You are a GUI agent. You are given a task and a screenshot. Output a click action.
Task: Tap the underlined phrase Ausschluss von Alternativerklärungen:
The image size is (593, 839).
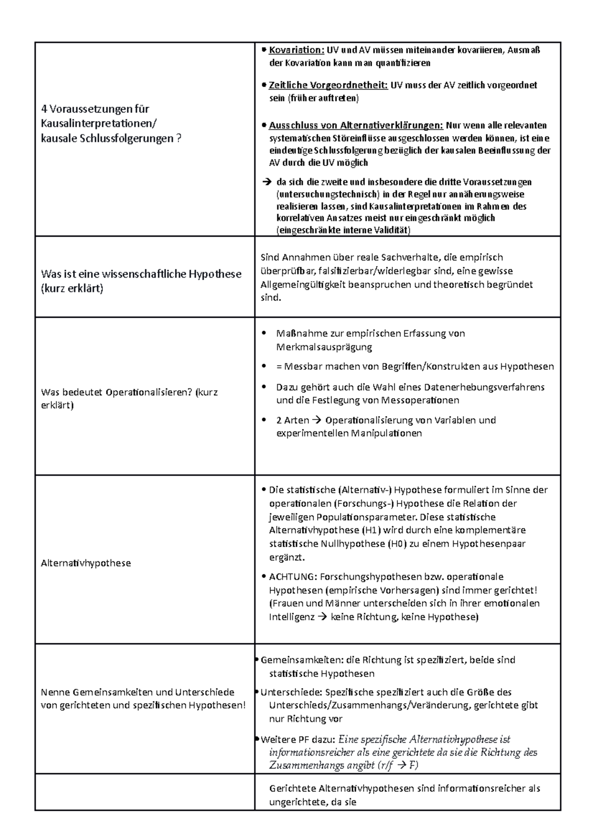click(356, 125)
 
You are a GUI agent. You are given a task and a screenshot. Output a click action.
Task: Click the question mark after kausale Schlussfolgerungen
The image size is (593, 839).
click(178, 138)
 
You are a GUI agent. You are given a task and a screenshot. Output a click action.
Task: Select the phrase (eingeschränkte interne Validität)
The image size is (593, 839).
click(343, 230)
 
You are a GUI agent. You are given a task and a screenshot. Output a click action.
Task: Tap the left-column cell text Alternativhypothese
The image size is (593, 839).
click(86, 563)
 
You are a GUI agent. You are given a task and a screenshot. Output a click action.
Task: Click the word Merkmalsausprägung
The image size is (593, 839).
click(324, 347)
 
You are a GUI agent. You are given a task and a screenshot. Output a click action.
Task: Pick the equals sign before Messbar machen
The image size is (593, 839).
click(279, 367)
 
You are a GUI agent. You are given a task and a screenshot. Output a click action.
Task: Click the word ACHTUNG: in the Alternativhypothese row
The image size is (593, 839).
click(293, 577)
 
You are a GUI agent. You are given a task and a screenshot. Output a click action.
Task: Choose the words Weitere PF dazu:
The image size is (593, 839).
click(298, 740)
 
